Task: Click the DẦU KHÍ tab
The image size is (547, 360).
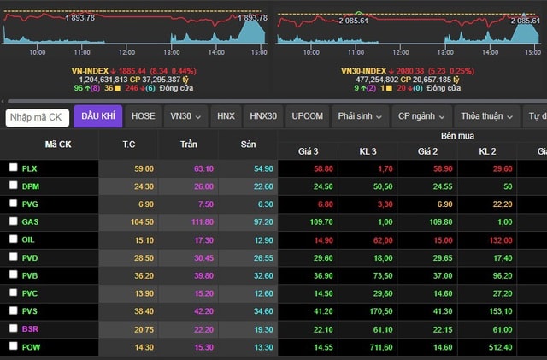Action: coord(98,116)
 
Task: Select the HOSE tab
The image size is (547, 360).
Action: coord(144,116)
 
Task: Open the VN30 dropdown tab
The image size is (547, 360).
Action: coord(185,116)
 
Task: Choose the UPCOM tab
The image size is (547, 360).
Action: coord(307,116)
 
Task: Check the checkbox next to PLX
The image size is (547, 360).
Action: coord(13,168)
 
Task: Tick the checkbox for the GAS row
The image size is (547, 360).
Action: coord(13,221)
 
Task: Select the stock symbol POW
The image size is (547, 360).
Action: coord(31,346)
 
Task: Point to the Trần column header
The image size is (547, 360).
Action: coord(188,145)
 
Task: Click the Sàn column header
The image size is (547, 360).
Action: coord(248,145)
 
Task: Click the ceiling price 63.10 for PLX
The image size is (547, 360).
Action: coord(203,168)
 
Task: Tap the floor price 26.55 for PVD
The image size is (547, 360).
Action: coord(263,257)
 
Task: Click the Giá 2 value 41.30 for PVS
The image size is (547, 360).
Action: coord(438,311)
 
